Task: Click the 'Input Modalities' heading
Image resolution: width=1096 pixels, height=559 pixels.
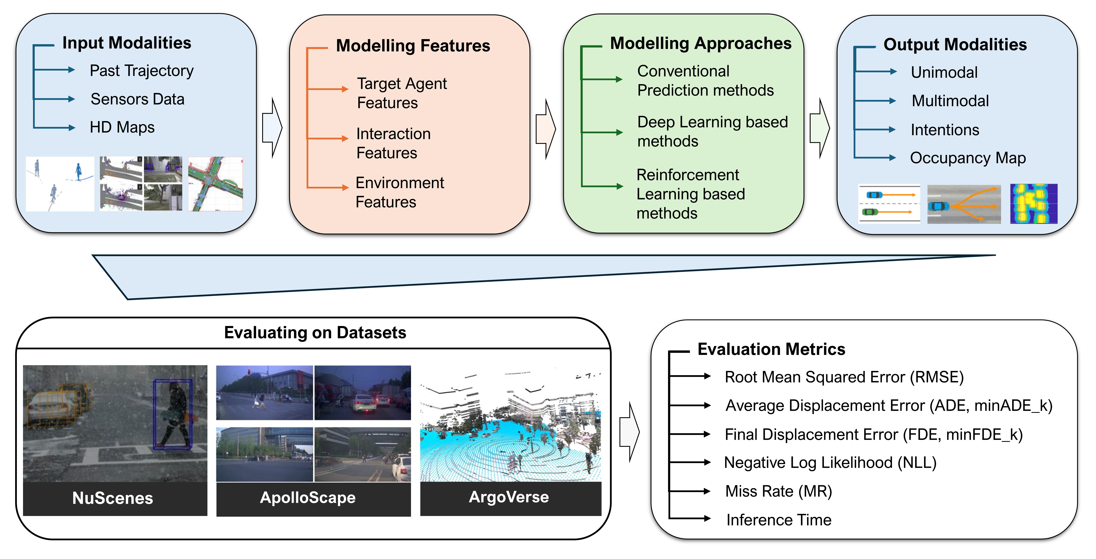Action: coord(127,43)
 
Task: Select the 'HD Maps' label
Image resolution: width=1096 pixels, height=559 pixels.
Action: coord(122,127)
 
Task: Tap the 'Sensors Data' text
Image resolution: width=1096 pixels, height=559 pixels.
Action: coord(137,99)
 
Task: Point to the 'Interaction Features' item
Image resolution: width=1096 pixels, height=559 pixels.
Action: coord(393,143)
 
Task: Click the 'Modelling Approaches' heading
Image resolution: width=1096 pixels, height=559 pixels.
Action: coord(701,43)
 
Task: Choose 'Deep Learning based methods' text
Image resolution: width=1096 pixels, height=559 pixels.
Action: coord(712,131)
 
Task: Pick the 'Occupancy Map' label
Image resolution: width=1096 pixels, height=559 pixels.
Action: coord(967,158)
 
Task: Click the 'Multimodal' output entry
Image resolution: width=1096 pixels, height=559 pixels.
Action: coord(950,101)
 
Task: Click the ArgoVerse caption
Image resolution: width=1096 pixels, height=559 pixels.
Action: coord(509,497)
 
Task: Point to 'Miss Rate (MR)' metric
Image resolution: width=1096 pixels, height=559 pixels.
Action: coord(778,491)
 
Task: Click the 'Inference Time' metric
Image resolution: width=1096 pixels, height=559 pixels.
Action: coord(779,520)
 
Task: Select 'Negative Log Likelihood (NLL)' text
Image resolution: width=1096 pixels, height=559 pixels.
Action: coord(830,463)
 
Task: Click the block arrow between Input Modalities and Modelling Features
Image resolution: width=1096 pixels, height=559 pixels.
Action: coord(272,128)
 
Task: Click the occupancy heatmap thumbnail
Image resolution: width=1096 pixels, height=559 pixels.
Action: coord(1033,204)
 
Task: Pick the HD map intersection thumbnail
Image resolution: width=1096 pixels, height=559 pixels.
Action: coord(216,184)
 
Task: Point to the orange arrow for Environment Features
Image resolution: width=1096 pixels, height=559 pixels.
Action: coord(328,187)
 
